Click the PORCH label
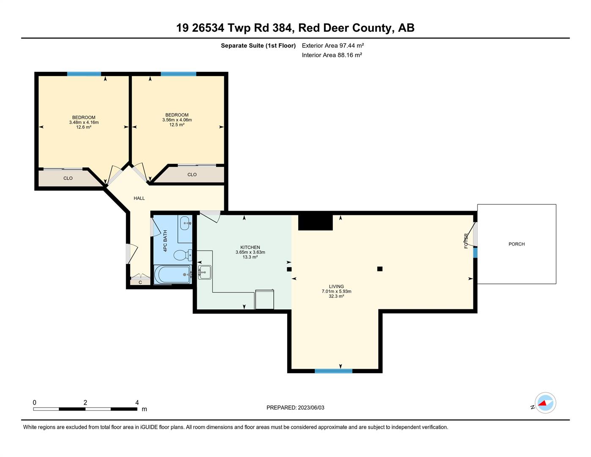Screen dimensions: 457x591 coord(516,244)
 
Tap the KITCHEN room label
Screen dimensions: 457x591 coord(250,248)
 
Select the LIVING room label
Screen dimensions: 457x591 coord(336,286)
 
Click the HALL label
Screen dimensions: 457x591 coord(139,198)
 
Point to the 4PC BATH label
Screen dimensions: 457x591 coord(165,241)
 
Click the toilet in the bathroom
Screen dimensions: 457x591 coord(182,255)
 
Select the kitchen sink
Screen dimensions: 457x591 coord(204,272)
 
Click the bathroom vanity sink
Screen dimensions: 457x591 coord(185,223)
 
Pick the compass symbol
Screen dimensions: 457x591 coord(545,403)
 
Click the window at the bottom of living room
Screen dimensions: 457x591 coord(333,371)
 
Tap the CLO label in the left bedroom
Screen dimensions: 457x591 coord(68,178)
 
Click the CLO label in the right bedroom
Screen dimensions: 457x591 coord(192,174)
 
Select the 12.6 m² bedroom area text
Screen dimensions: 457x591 coord(84,127)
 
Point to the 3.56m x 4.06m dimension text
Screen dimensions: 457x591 coord(177,120)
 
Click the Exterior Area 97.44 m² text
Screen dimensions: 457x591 coord(333,45)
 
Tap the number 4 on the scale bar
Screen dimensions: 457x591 coord(137,402)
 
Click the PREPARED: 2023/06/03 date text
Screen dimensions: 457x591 coord(295,407)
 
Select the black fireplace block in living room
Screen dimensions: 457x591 coord(315,223)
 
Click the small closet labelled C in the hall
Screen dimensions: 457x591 coord(140,282)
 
